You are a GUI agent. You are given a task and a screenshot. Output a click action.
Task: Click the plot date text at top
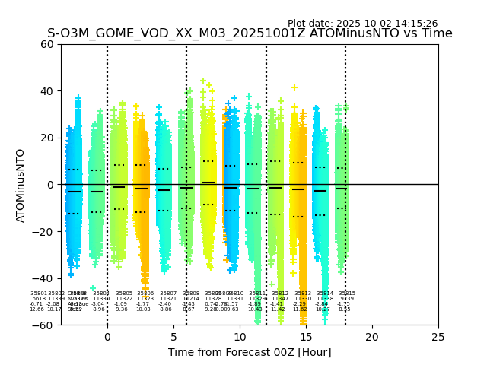point(362,24)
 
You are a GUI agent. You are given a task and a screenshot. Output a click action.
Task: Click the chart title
point(250,33)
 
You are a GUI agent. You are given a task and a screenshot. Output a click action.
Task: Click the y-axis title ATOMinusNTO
point(21,185)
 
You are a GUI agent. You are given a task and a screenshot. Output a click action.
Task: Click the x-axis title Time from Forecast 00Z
point(250,352)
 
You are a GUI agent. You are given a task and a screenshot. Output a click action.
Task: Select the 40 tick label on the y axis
point(46,91)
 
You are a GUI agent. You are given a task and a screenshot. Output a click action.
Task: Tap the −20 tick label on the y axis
point(43,231)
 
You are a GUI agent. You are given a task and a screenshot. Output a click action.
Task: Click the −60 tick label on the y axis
point(43,325)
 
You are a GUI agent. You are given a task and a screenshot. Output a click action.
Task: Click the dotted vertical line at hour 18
point(345,152)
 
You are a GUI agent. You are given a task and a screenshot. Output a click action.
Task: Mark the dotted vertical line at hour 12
point(266,152)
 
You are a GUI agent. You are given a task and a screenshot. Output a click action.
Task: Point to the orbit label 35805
point(124,294)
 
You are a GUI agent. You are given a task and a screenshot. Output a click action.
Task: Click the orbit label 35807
point(168,294)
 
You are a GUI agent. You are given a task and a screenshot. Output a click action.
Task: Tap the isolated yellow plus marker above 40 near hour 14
point(294,88)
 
